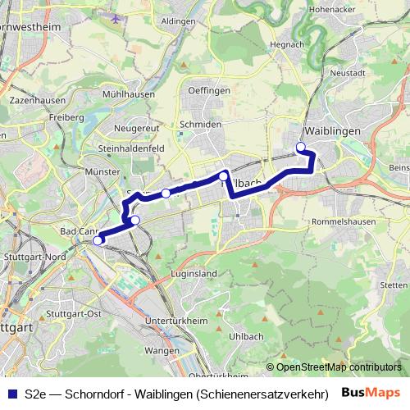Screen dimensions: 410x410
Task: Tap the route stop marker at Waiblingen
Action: pos(300,147)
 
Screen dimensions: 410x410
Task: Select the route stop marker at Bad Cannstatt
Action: pos(98,240)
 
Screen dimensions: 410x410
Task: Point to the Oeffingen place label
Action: pos(207,91)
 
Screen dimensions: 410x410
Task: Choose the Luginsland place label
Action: pos(193,272)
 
